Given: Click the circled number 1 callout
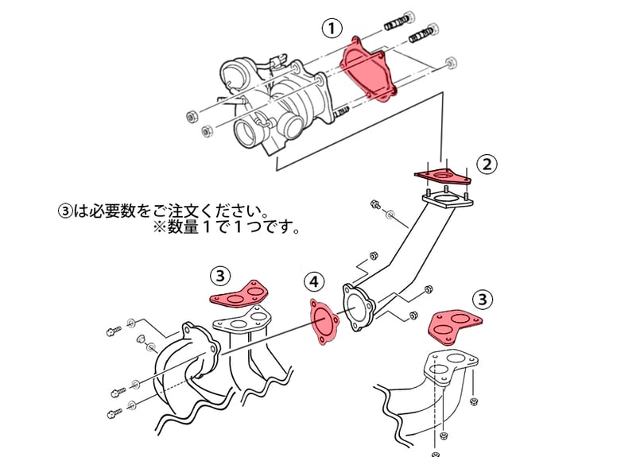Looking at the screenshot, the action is (332, 29).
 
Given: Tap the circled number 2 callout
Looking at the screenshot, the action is (487, 165).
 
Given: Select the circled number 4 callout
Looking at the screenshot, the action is (314, 282).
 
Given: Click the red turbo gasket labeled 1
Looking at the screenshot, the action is (368, 69).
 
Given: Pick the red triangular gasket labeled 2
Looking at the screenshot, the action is (443, 176).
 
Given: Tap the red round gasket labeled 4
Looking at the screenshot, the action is (324, 322).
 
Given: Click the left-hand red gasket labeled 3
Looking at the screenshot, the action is (239, 294).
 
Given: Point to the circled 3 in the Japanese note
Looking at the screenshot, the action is (64, 211).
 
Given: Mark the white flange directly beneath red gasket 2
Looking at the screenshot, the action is (448, 201).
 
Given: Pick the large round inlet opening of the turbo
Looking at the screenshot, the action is (250, 134).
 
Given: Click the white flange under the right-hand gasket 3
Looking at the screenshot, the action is (450, 367).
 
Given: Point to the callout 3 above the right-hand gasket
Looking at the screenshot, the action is (483, 300).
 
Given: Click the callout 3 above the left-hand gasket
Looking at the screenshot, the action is (220, 277).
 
